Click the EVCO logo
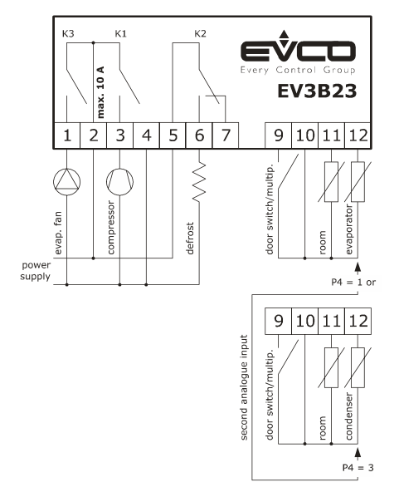pos(298,52)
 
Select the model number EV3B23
pos(317,91)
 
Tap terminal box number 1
pos(66,135)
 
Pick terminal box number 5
pos(173,135)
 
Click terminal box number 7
pos(226,135)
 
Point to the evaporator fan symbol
pos(66,182)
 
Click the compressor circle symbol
pos(119,182)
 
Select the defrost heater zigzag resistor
pos(199,182)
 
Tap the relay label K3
pos(68,33)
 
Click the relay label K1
pos(120,33)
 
